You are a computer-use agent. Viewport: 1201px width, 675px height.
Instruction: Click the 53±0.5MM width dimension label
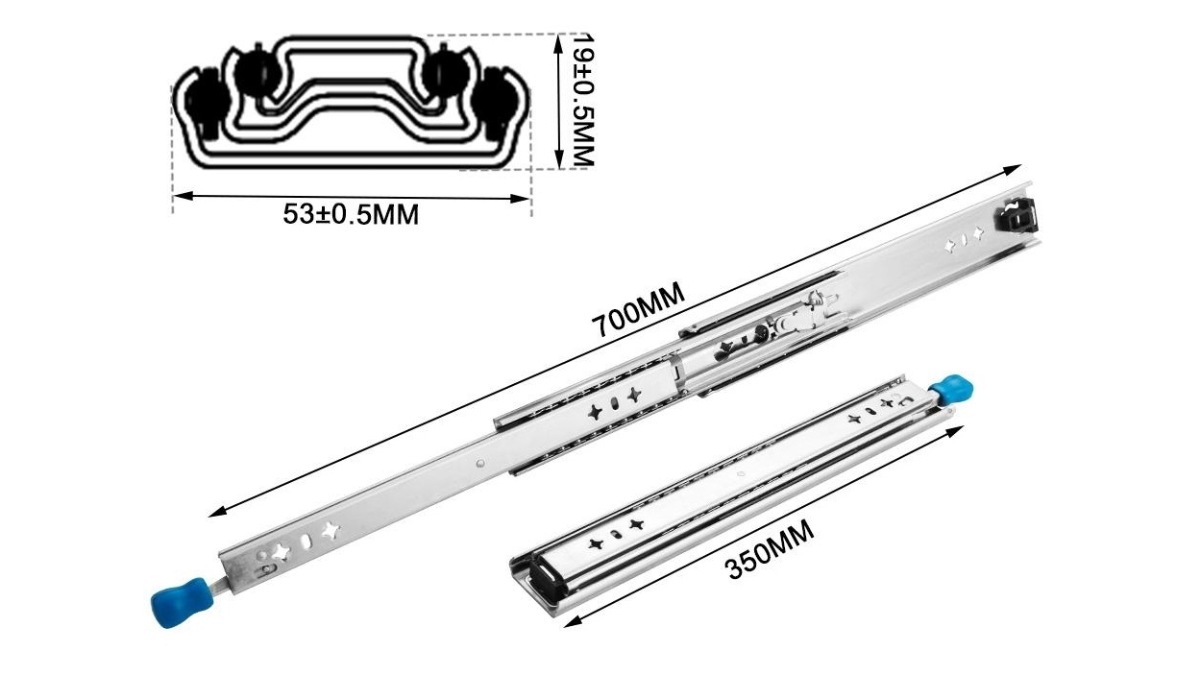point(351,214)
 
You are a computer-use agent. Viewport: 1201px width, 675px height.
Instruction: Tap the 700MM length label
point(639,308)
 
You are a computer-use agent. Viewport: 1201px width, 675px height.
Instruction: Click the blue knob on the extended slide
point(175,600)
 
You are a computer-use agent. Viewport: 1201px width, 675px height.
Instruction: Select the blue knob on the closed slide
point(950,389)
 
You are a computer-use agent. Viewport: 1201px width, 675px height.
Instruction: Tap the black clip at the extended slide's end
point(1020,215)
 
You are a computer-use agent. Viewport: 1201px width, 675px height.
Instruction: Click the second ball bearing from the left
point(256,73)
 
